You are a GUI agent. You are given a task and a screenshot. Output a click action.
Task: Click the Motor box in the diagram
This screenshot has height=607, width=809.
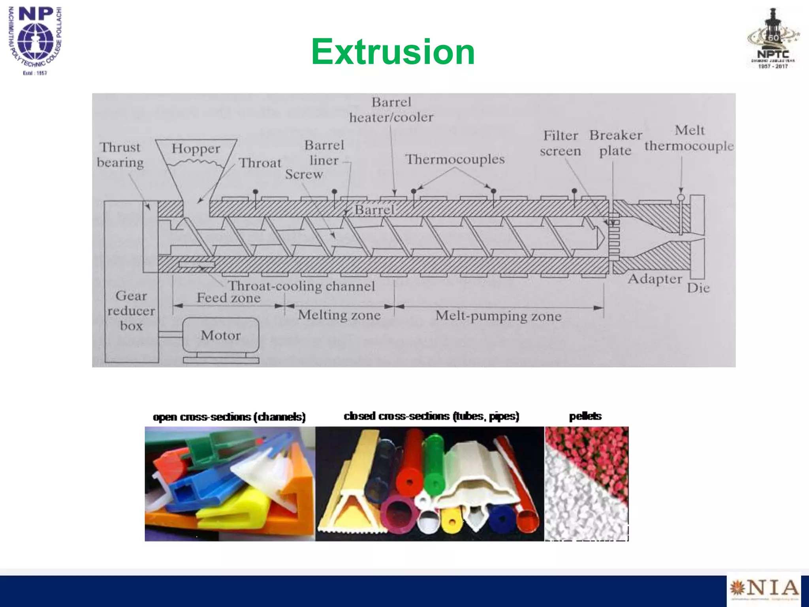[x=220, y=335]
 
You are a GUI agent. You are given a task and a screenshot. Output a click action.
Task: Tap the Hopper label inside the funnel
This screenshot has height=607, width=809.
[x=196, y=149]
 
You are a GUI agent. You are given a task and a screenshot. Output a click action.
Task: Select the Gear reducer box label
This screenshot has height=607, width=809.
[x=131, y=311]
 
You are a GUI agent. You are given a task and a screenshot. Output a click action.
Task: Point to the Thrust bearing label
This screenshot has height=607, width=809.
[x=120, y=155]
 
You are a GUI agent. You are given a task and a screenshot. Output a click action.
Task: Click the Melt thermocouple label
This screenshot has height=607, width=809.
[x=689, y=138]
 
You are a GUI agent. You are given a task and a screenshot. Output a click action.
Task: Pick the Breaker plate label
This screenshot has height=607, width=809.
[x=615, y=143]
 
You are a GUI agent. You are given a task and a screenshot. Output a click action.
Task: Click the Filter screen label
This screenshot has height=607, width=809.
[x=560, y=143]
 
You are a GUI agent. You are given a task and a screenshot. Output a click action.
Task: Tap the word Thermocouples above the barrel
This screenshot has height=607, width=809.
[x=455, y=159]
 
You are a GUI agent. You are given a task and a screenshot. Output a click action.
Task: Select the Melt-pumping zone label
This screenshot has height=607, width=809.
[x=498, y=316]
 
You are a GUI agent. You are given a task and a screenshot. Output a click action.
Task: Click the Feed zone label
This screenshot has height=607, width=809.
[x=229, y=298]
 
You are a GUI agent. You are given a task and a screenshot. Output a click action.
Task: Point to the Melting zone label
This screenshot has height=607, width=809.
[x=339, y=315]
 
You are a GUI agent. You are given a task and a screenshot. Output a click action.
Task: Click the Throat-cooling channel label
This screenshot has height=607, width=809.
[x=301, y=286]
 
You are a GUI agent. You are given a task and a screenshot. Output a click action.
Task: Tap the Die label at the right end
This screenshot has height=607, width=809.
[x=698, y=288]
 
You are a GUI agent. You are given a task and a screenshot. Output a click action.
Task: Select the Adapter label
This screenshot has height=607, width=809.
[x=655, y=279]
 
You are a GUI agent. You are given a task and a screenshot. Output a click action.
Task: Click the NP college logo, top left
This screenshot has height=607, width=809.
[x=36, y=40]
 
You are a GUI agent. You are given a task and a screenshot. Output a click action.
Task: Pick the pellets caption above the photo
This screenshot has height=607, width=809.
[x=585, y=416]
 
